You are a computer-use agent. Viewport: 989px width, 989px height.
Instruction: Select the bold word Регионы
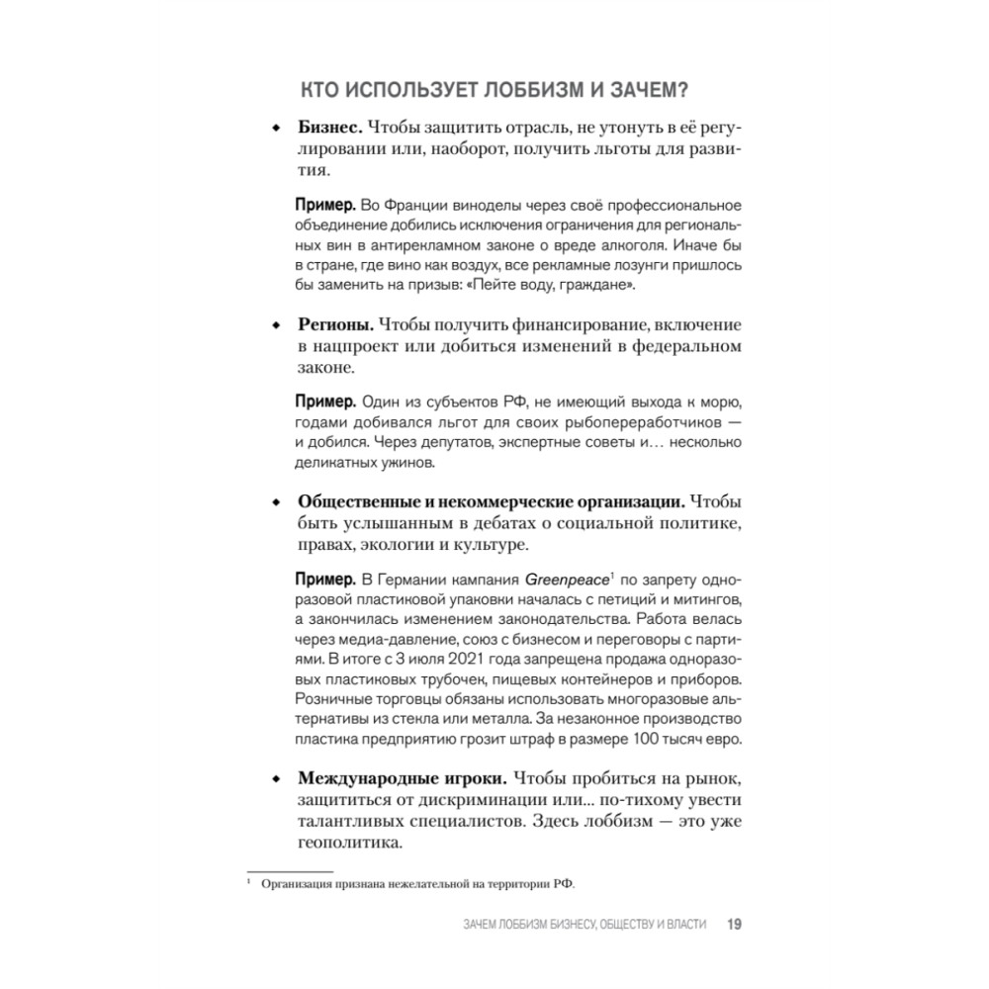[335, 325]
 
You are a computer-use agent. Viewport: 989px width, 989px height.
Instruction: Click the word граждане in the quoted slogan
[601, 284]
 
